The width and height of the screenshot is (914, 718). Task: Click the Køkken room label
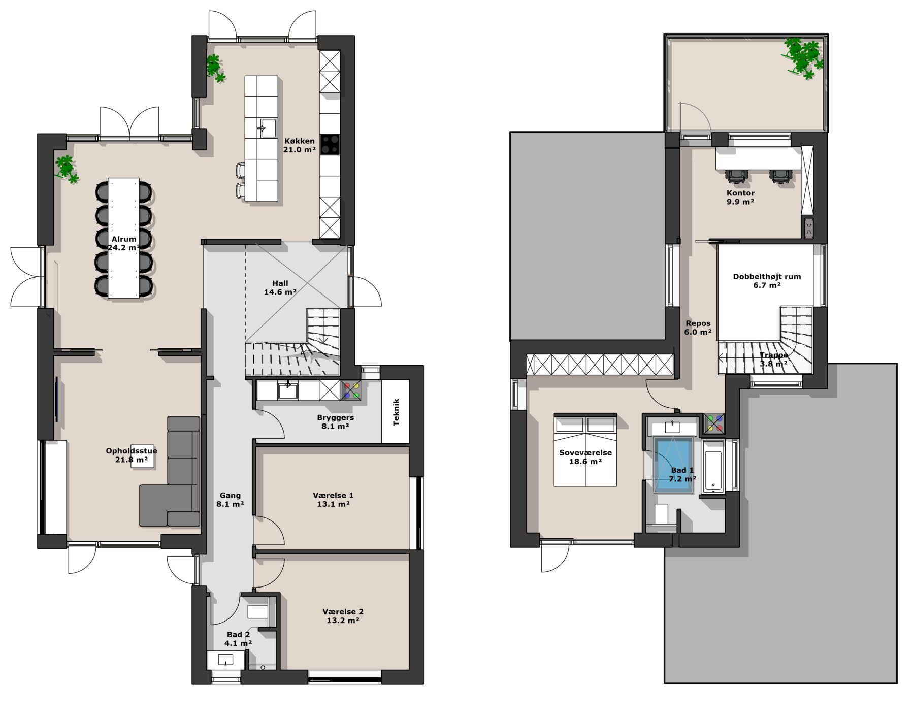pyautogui.click(x=299, y=141)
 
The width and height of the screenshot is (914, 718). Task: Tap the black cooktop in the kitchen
pyautogui.click(x=330, y=144)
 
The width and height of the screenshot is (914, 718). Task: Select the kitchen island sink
pyautogui.click(x=269, y=127)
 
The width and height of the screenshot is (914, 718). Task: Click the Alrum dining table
pyautogui.click(x=123, y=238)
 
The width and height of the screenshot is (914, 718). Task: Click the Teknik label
pyautogui.click(x=396, y=412)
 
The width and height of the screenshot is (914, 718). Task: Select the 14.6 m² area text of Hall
pyautogui.click(x=280, y=292)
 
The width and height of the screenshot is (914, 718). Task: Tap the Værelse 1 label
pyautogui.click(x=333, y=495)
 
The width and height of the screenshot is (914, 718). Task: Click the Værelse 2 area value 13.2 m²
pyautogui.click(x=343, y=620)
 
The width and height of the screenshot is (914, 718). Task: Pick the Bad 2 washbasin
pyautogui.click(x=225, y=660)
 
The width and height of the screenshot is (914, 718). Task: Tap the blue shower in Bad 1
pyautogui.click(x=673, y=465)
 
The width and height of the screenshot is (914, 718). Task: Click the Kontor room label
pyautogui.click(x=740, y=193)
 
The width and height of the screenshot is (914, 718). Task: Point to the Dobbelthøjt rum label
pyautogui.click(x=767, y=277)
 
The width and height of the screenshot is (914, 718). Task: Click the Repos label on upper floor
pyautogui.click(x=698, y=323)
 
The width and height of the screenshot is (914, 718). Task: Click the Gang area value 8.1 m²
pyautogui.click(x=230, y=504)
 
